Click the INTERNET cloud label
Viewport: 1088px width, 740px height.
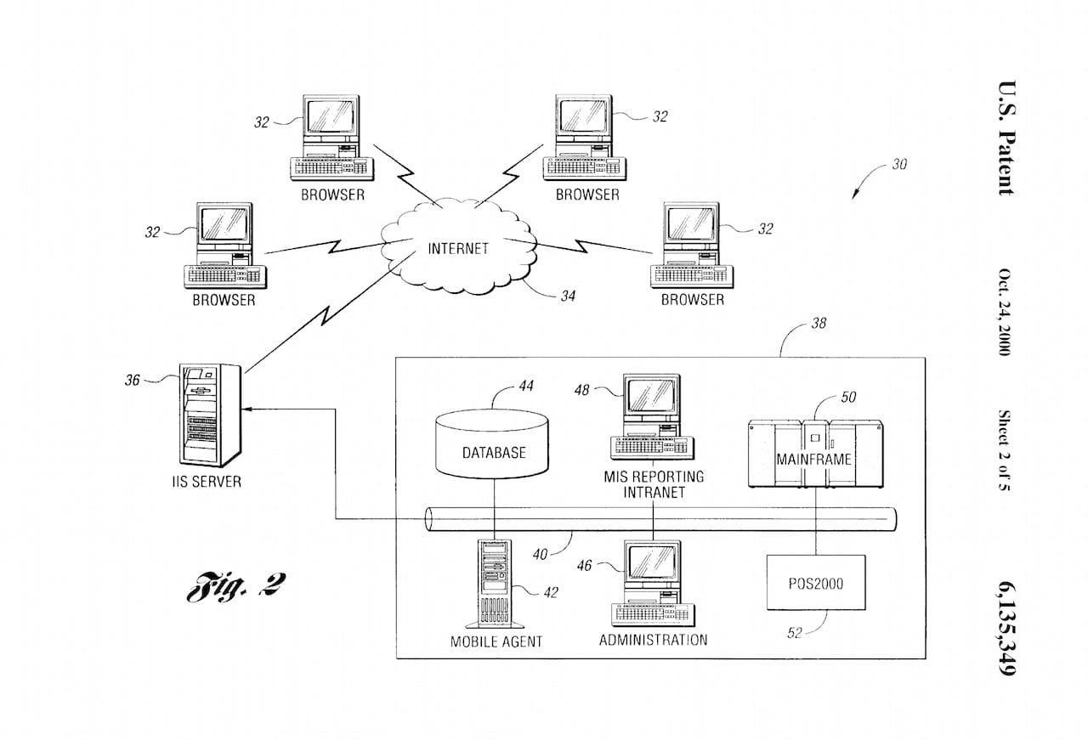(x=458, y=249)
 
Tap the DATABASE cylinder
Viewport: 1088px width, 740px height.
(x=494, y=442)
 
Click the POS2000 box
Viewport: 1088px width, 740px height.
(x=815, y=583)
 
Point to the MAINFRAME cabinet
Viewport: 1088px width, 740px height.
(x=813, y=454)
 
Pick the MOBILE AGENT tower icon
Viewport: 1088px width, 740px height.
(x=494, y=584)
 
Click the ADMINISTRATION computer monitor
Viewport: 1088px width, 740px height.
(x=651, y=563)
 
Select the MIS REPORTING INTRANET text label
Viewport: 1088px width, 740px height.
(x=654, y=484)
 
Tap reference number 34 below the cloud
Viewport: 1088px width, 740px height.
(x=568, y=297)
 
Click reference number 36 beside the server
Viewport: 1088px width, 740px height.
(x=133, y=381)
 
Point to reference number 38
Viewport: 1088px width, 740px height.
(x=818, y=324)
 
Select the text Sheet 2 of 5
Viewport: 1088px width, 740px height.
(x=1005, y=451)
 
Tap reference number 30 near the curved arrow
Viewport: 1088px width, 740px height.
(x=898, y=165)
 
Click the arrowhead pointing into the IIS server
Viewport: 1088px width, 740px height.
(x=248, y=409)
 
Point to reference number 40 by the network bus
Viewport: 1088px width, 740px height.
(x=541, y=555)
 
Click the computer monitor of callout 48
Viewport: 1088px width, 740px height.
(x=651, y=397)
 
